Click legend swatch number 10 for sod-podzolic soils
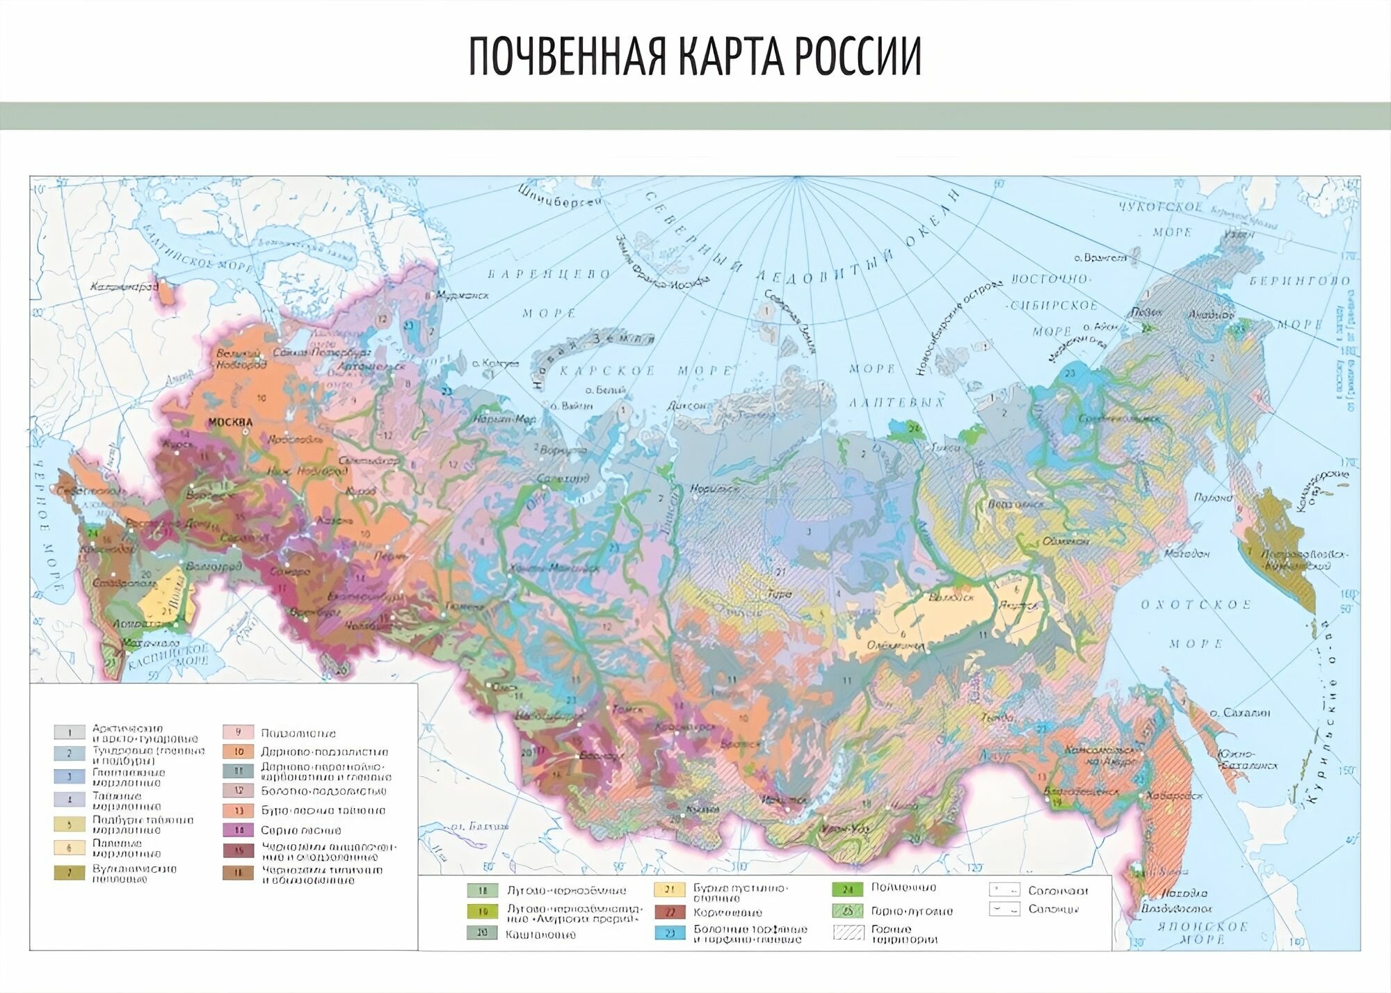click(238, 752)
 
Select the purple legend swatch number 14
click(238, 830)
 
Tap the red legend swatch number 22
click(669, 912)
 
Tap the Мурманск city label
click(467, 295)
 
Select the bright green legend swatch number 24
click(847, 889)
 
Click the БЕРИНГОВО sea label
click(1299, 281)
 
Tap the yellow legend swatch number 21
click(669, 889)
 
